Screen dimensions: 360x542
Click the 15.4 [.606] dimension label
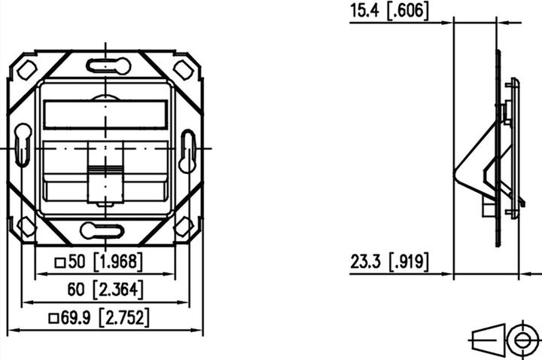pos(389,11)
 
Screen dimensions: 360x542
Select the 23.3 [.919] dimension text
pos(389,262)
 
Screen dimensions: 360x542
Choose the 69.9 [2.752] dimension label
pos(105,318)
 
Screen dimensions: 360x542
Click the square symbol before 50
pos(60,263)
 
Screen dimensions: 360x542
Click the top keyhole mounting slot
pos(108,66)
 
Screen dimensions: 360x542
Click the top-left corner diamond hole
pos(26,70)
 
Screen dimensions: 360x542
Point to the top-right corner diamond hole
pos(183,70)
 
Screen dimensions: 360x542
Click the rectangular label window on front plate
pos(105,114)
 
